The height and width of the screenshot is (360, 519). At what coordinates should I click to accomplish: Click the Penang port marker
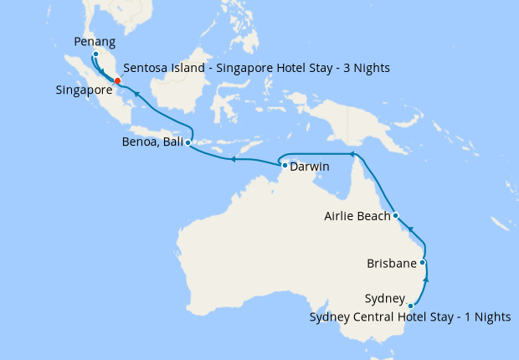pos(95,54)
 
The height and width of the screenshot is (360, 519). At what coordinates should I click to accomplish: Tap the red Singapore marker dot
pos(117,80)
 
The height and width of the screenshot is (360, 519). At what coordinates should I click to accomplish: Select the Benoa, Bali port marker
pos(188,143)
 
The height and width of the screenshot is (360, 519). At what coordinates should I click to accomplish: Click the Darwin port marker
pos(285,166)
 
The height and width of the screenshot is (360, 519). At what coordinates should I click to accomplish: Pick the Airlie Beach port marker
pos(395,216)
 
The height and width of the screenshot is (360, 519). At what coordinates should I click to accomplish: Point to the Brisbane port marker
pos(423,263)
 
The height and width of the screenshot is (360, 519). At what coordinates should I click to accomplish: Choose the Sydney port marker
pos(410,306)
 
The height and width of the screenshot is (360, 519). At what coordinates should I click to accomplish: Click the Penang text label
pos(95,39)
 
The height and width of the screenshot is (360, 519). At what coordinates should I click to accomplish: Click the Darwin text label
pos(310,167)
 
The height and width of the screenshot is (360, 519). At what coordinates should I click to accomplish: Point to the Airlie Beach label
pos(357,217)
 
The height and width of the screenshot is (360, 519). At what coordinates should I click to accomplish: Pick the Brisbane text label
pos(392,265)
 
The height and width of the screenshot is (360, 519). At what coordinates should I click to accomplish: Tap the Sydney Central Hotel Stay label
pos(409,316)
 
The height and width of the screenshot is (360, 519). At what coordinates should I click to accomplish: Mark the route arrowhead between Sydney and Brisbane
pos(426,283)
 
